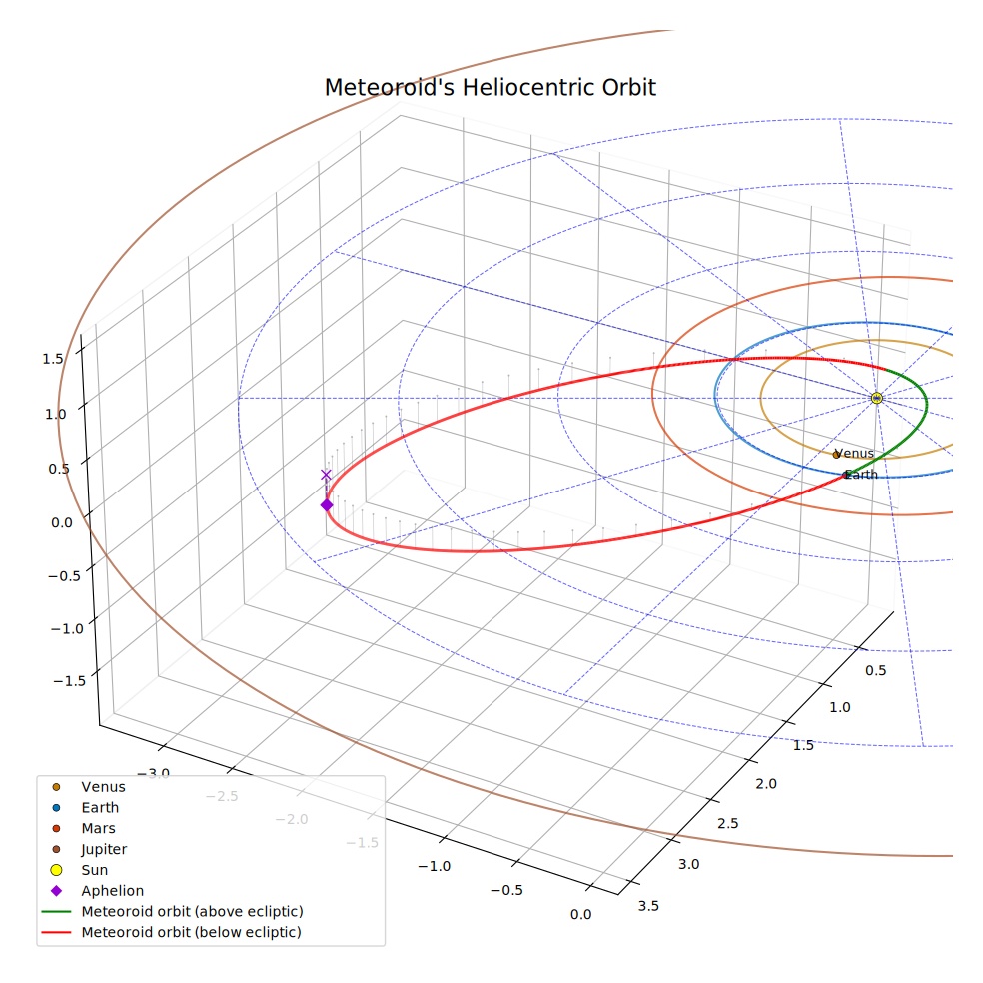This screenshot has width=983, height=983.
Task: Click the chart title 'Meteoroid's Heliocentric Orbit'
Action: tap(490, 88)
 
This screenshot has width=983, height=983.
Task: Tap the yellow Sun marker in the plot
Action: tap(877, 398)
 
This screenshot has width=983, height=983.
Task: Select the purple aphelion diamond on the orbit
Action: tap(327, 505)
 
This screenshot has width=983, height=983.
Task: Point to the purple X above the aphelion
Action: tap(326, 475)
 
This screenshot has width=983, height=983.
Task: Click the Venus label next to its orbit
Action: tap(854, 453)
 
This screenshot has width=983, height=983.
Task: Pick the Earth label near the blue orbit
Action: tap(862, 475)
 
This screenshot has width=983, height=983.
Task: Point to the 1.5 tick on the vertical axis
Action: tap(53, 359)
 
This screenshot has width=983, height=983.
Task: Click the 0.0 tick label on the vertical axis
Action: tap(62, 522)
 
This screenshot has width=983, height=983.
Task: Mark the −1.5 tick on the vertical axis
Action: tap(70, 681)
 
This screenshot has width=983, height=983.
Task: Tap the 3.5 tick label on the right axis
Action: tap(648, 906)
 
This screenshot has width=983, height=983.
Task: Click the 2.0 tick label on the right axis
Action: tap(765, 783)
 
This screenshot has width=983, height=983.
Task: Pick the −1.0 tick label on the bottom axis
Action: tap(434, 866)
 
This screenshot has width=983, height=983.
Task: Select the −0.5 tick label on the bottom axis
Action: tap(506, 890)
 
